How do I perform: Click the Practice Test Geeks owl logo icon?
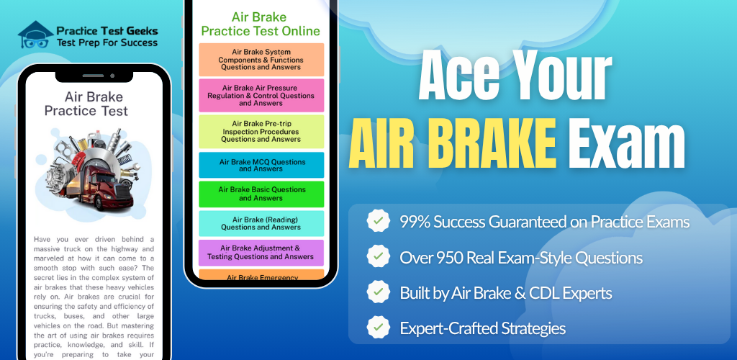click(x=35, y=35)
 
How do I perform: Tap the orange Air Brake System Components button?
click(x=261, y=60)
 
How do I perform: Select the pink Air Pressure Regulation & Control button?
click(x=261, y=96)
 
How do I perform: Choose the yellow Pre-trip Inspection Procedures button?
click(x=261, y=132)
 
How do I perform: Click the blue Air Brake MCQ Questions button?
click(x=261, y=165)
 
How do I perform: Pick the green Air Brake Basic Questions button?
click(x=261, y=194)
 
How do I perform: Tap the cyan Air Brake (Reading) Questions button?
click(x=261, y=223)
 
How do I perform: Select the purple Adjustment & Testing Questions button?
click(x=261, y=253)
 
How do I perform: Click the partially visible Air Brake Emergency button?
click(x=261, y=274)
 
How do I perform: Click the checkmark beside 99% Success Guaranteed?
click(x=379, y=221)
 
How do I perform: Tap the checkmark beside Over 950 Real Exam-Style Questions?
click(x=379, y=256)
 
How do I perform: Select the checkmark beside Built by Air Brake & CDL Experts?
click(x=379, y=292)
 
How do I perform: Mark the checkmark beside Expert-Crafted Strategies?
click(x=379, y=327)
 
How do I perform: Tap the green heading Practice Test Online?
click(x=261, y=32)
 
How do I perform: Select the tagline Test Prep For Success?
click(x=107, y=42)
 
